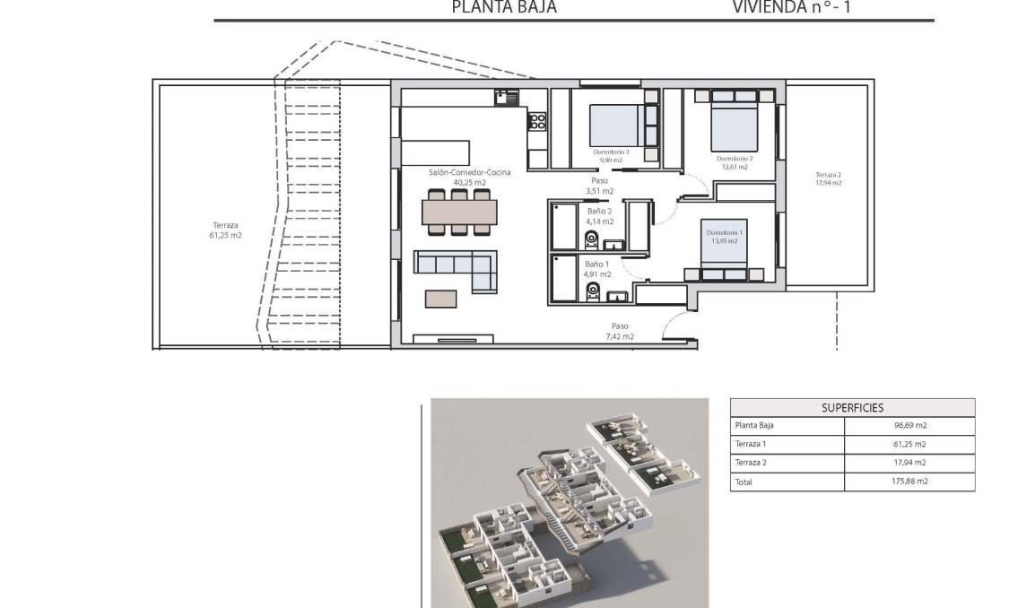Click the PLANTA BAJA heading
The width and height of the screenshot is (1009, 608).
[504, 7]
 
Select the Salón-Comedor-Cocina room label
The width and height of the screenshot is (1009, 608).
[469, 172]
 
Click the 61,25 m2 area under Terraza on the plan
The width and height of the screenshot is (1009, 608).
[226, 236]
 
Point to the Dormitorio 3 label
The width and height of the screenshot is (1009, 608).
[612, 152]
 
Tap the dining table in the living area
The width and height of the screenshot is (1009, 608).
[459, 212]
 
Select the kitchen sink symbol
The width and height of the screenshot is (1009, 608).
[501, 98]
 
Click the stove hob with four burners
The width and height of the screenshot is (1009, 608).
[537, 121]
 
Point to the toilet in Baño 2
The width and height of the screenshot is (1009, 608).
[590, 240]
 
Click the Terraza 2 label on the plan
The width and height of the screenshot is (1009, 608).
[828, 175]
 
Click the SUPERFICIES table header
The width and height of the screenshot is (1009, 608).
[852, 407]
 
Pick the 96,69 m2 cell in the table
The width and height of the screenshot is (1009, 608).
[909, 426]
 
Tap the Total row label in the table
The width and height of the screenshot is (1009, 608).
[744, 482]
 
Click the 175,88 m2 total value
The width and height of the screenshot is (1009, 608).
[909, 482]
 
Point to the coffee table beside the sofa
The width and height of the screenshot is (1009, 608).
[439, 298]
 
